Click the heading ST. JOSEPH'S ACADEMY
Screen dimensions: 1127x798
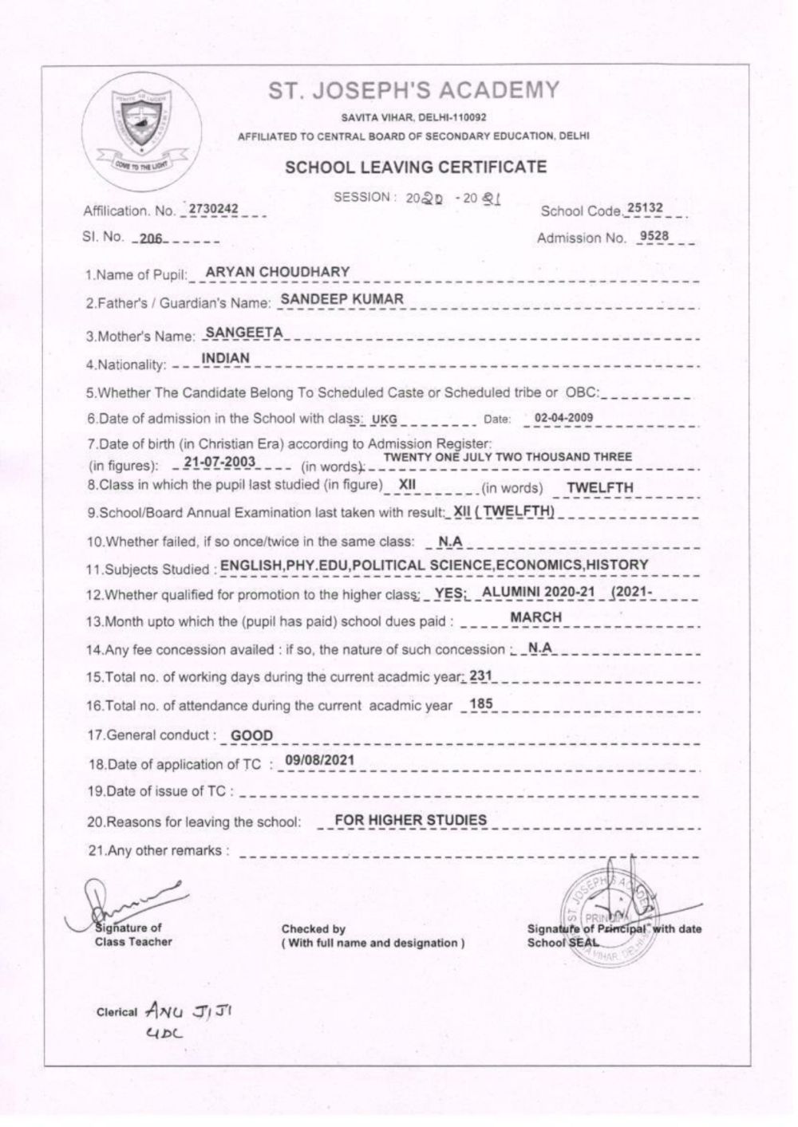click(x=414, y=90)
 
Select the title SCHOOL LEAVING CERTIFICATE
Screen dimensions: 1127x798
click(x=416, y=167)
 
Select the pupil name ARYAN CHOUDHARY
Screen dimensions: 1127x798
click(x=278, y=272)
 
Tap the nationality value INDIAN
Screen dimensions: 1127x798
click(x=226, y=359)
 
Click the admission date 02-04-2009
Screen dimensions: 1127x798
click(x=563, y=417)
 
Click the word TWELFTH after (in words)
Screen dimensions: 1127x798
click(x=600, y=487)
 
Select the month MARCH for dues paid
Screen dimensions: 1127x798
click(x=535, y=617)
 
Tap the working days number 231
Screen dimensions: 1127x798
click(x=480, y=676)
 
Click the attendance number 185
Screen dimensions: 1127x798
click(x=482, y=703)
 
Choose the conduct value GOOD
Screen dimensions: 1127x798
click(x=251, y=735)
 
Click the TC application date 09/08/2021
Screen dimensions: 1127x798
click(x=319, y=760)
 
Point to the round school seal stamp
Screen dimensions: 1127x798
click(x=613, y=914)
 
